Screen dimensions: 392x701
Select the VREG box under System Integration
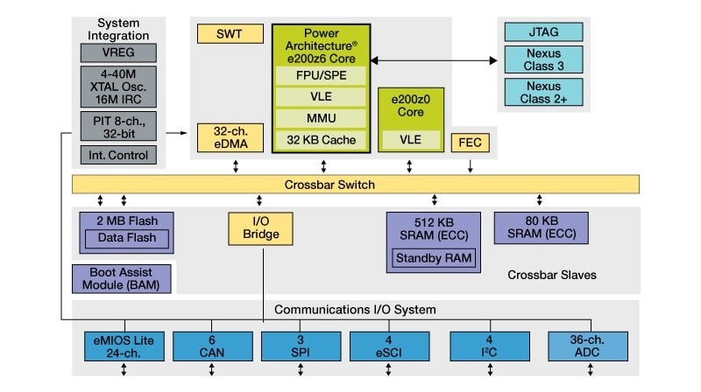[119, 52]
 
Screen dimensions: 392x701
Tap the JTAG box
[543, 31]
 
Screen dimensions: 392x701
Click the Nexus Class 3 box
[543, 60]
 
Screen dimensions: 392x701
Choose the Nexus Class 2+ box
[543, 91]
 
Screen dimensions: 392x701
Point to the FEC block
[470, 142]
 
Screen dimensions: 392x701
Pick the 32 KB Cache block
[321, 140]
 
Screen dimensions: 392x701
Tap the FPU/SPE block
[321, 75]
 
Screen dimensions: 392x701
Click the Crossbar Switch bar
[355, 185]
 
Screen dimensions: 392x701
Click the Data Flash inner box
[127, 238]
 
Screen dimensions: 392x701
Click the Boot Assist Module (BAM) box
[122, 278]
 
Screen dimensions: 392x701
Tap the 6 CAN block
[210, 346]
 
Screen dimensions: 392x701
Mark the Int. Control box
[119, 155]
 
